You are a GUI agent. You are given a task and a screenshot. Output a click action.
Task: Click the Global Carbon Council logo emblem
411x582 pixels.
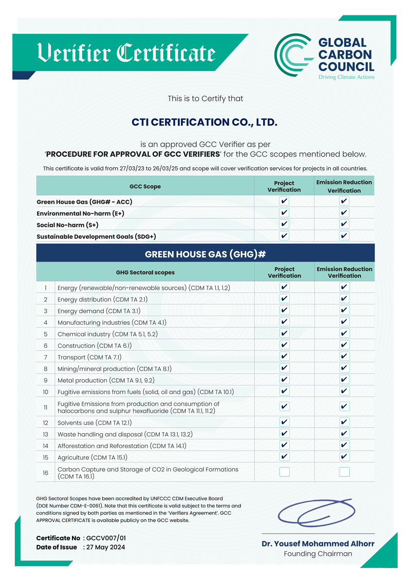[293, 56]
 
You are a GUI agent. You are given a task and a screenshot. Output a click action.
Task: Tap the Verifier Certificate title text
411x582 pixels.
[126, 53]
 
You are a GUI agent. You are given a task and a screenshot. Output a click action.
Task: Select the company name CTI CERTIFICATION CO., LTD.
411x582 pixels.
[204, 122]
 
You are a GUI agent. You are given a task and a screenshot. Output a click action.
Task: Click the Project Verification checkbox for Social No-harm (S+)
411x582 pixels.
[284, 224]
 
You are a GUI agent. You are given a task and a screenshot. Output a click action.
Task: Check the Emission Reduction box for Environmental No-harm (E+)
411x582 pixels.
[344, 213]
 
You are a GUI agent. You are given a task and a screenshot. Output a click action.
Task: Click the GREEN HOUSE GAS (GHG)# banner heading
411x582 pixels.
[205, 254]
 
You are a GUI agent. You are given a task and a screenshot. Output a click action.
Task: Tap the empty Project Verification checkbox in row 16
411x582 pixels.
[284, 472]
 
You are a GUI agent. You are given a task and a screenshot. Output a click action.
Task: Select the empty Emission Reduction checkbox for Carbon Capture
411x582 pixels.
[344, 472]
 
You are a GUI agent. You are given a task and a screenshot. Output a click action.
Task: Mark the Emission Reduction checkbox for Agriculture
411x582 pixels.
[344, 457]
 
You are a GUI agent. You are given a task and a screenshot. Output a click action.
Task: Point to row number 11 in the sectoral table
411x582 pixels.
[46, 407]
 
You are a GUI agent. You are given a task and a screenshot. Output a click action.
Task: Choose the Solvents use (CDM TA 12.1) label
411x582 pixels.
[95, 422]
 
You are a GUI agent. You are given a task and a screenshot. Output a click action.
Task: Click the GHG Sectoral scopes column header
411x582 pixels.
[145, 272]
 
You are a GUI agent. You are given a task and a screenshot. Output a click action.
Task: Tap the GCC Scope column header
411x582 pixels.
[145, 186]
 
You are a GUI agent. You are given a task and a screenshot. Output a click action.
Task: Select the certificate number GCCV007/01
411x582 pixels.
[106, 538]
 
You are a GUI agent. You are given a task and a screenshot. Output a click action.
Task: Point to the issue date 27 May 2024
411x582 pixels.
[106, 547]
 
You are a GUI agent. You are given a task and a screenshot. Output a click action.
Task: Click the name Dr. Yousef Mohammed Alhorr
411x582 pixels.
[318, 543]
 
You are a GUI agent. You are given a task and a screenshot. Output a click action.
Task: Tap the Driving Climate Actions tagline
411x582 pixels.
[346, 77]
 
